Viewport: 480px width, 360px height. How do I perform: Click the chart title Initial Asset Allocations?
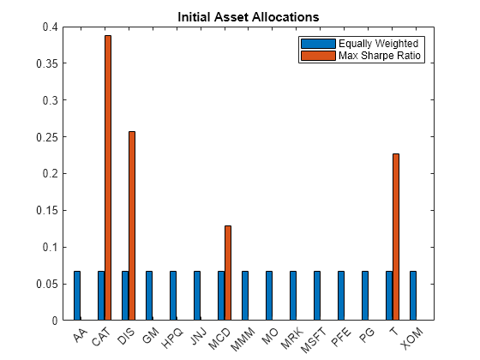(x=248, y=16)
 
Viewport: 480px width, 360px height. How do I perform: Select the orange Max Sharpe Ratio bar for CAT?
(x=108, y=177)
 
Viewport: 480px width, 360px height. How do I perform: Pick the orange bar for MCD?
(x=228, y=273)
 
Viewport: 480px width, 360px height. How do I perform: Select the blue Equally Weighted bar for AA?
(x=77, y=296)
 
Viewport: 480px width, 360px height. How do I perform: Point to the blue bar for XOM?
(x=413, y=296)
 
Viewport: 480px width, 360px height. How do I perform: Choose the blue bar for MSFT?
(x=317, y=296)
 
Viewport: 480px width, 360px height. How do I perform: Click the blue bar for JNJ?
(x=197, y=296)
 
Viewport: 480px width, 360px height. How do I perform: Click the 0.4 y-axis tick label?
(x=53, y=27)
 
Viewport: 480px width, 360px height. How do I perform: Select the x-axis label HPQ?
(x=174, y=336)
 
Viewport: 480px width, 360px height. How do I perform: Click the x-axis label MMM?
(x=246, y=336)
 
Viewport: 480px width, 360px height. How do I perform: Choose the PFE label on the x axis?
(x=343, y=335)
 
